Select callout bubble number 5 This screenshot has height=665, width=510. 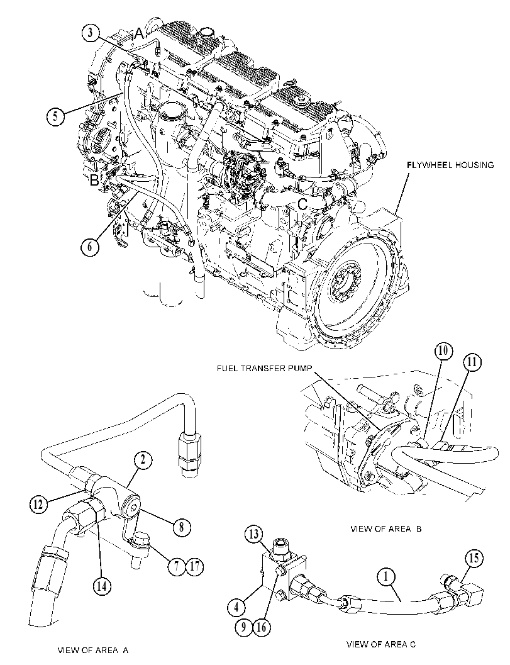coord(55,115)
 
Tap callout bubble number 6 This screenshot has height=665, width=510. coord(90,247)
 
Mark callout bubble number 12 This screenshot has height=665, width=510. coord(38,505)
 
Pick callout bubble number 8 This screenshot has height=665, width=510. coord(182,527)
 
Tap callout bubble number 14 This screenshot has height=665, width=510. coord(102,586)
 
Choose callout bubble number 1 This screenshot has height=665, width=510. coord(386,577)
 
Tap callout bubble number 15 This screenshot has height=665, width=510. coord(474,557)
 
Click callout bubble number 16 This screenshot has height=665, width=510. coord(262,627)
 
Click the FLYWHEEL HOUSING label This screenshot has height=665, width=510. coord(450,165)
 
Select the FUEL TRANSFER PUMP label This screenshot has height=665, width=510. coord(263,369)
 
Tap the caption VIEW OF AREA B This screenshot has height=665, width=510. coord(385,529)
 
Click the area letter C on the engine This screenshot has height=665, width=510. coord(302,204)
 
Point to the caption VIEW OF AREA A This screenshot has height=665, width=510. coord(93,650)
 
